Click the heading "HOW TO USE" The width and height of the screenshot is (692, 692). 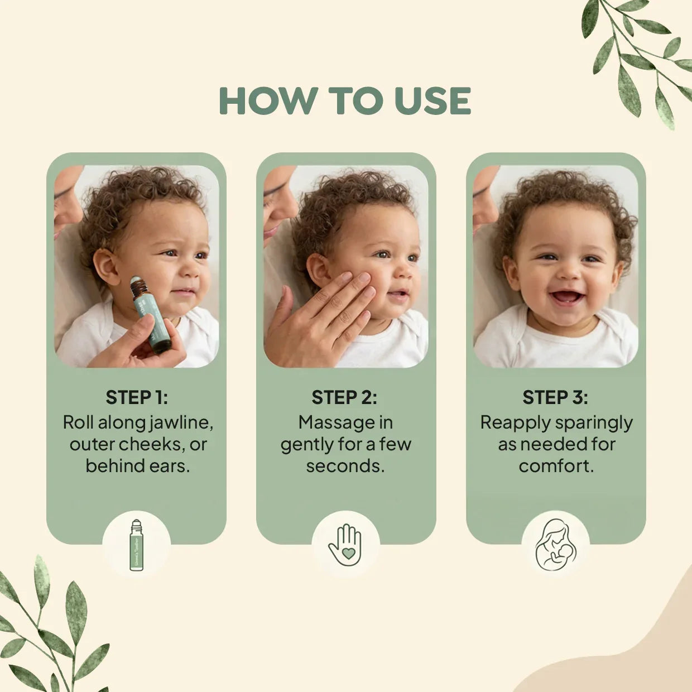[345, 100]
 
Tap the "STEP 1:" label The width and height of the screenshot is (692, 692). [137, 397]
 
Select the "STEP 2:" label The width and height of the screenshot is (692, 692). [344, 397]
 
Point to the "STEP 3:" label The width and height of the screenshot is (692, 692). [555, 397]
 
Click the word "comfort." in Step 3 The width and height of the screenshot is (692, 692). [556, 465]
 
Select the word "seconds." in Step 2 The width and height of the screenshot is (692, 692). [345, 465]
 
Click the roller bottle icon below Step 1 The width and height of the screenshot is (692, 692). [136, 545]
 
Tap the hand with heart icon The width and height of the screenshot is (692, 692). [345, 545]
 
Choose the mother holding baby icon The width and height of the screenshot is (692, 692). [555, 545]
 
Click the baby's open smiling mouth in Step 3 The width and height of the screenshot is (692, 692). [565, 297]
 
